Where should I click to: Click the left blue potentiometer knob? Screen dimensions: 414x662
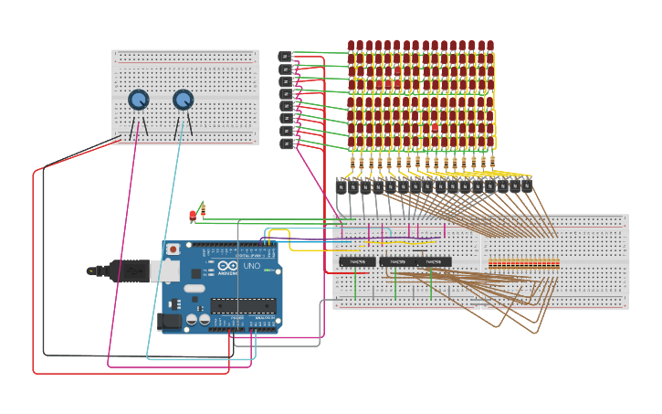coord(138,100)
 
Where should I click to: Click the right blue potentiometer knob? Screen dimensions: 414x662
coord(184,99)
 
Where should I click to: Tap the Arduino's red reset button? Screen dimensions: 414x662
coord(173,249)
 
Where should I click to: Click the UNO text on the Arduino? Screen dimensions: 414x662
coord(251,266)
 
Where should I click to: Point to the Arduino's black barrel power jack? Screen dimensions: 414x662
coord(170,321)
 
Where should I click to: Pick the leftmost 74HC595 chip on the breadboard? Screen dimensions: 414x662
coord(357,261)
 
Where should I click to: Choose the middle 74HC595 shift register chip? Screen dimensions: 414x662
coord(397,261)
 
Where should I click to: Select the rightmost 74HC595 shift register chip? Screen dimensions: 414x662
coord(434,261)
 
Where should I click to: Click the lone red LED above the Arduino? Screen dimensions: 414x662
coord(193,215)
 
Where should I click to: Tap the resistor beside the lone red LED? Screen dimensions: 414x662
coord(202,209)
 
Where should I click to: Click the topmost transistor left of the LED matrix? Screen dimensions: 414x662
coord(285,57)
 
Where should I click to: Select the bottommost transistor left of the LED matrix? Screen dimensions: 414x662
coord(286,143)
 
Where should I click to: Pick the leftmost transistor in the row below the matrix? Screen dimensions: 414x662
coord(341,186)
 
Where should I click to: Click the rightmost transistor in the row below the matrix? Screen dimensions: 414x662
coord(527,185)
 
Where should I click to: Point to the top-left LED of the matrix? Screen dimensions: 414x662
coord(351,45)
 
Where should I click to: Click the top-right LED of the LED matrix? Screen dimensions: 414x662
coord(490,45)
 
